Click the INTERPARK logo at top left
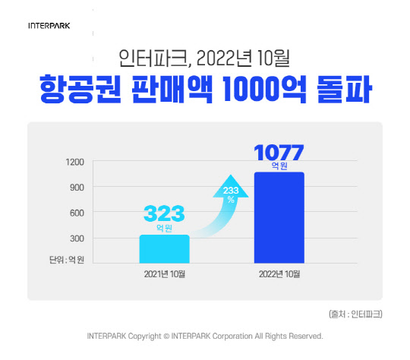click(49, 25)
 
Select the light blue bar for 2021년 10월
click(164, 247)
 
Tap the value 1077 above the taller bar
click(279, 152)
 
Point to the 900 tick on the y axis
click(76, 187)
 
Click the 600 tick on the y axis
click(76, 213)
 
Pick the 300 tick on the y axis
click(76, 238)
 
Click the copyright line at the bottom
click(205, 336)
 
